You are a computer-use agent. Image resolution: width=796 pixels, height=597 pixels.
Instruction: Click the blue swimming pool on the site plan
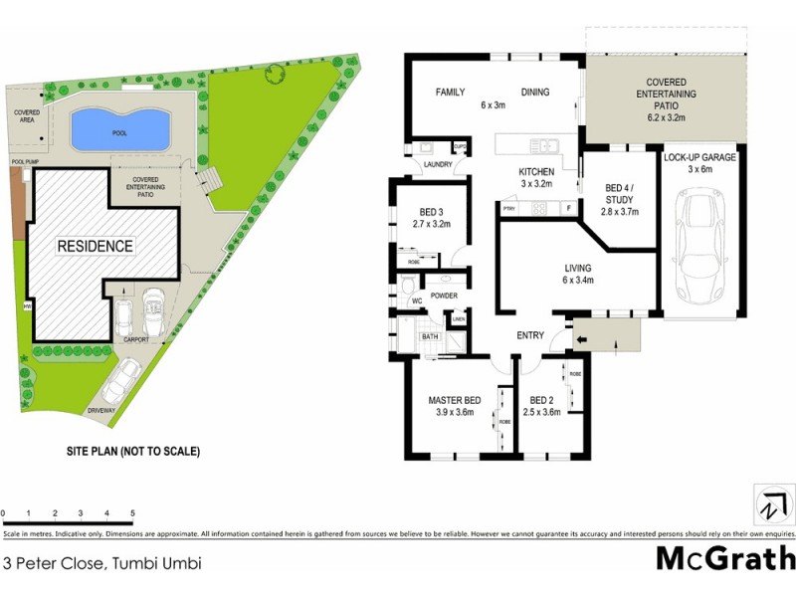click(x=120, y=128)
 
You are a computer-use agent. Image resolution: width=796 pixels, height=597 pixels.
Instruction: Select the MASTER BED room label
click(x=455, y=400)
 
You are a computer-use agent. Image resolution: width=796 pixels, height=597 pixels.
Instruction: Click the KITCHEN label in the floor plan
click(x=536, y=172)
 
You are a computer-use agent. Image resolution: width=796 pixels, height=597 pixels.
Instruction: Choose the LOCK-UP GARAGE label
click(x=699, y=156)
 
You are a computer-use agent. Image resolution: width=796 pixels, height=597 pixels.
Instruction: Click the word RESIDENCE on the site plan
click(x=95, y=246)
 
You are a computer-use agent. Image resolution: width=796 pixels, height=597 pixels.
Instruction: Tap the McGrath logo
click(x=724, y=557)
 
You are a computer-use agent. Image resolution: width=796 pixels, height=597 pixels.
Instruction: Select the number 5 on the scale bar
click(x=132, y=513)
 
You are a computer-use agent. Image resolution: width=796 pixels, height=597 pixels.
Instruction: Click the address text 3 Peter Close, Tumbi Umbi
click(x=102, y=563)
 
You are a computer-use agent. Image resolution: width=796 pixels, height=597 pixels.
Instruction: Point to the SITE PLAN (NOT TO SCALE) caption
click(x=132, y=451)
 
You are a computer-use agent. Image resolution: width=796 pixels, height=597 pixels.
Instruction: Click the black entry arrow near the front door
click(x=581, y=339)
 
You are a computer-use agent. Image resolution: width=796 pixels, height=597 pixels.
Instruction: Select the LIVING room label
click(x=577, y=268)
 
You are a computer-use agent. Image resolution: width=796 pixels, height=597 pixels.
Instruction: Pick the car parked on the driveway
click(x=122, y=378)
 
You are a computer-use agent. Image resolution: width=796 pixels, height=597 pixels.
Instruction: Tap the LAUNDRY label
click(x=438, y=165)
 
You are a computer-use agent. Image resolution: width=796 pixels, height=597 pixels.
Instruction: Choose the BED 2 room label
click(x=543, y=400)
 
